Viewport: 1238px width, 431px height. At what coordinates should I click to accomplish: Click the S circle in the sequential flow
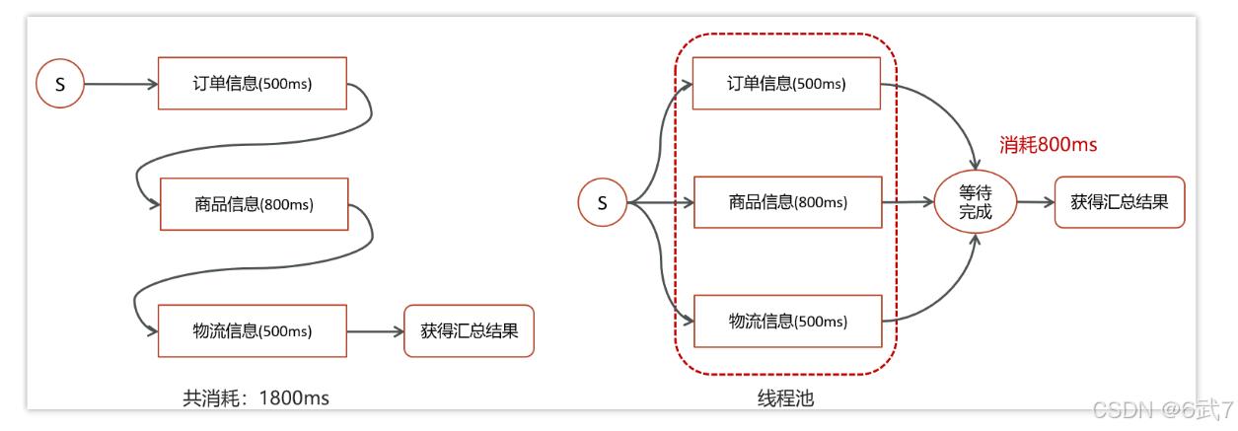(60, 85)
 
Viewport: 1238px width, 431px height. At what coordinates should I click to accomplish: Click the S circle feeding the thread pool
(603, 203)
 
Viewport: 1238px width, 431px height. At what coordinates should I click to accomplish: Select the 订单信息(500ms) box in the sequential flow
(253, 84)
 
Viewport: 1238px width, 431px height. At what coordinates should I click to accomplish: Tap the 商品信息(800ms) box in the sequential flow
(255, 204)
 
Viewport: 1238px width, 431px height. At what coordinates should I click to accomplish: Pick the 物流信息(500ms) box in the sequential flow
(253, 330)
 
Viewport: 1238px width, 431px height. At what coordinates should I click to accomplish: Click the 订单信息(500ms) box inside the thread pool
(787, 84)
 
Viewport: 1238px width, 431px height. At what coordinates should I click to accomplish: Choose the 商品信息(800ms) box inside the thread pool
(787, 202)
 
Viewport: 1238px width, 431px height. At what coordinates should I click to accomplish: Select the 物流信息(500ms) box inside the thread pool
(787, 321)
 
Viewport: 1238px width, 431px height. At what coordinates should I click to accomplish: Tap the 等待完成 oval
(975, 202)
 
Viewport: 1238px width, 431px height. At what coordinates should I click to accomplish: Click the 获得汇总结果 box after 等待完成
(1119, 202)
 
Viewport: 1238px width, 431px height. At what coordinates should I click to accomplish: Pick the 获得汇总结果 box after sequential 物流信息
(469, 330)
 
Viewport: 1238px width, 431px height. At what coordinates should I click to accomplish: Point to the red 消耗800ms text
(1048, 145)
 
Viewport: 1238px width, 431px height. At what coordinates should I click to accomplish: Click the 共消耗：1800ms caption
(255, 397)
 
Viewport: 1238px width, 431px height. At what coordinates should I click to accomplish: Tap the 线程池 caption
(785, 397)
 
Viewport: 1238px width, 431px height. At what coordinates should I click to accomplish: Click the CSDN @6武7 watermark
(1179, 409)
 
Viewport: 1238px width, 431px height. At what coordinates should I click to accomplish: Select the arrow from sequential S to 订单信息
(120, 85)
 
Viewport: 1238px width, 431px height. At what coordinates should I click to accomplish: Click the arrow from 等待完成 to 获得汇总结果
(1035, 202)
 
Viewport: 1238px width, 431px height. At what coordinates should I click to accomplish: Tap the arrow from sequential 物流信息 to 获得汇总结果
(376, 331)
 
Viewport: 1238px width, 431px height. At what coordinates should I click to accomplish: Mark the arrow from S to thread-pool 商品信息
(661, 203)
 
